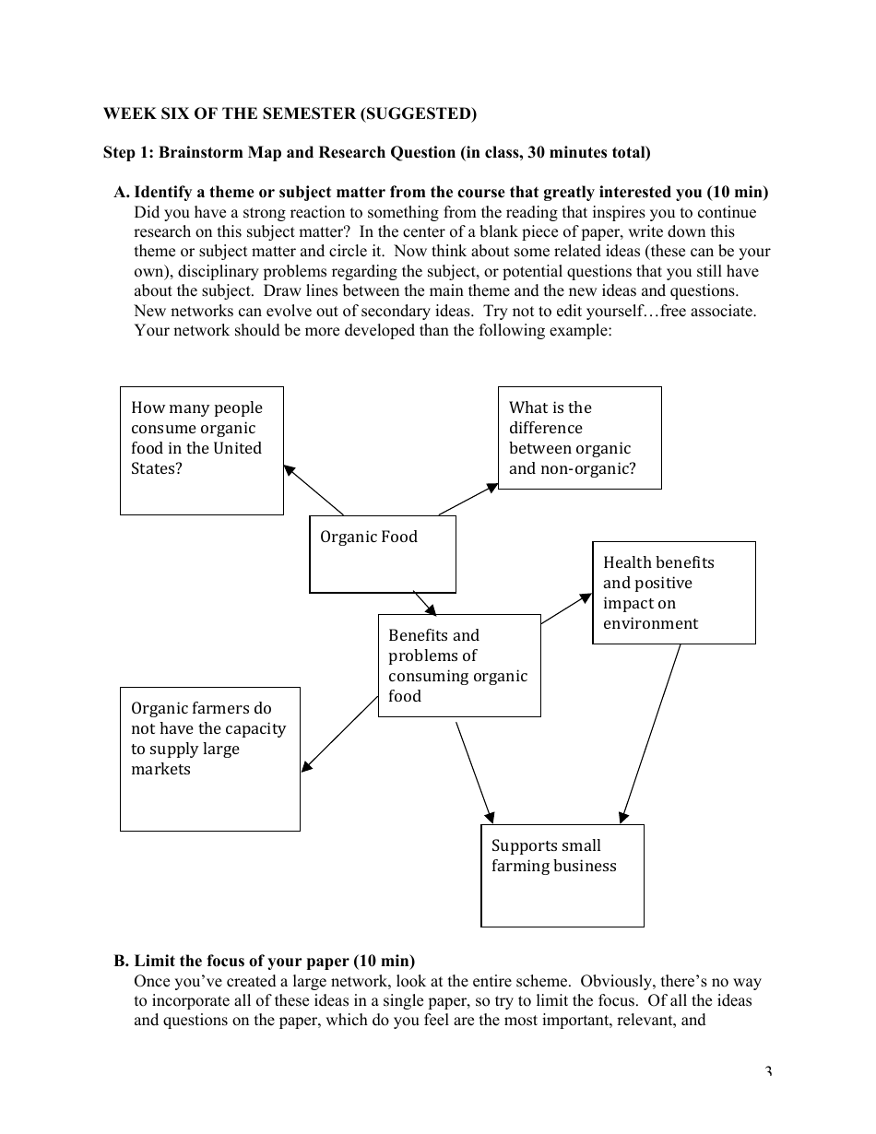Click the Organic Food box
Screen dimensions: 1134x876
tap(382, 553)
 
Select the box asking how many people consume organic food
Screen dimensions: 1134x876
tap(201, 450)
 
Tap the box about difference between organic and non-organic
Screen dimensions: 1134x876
tap(579, 437)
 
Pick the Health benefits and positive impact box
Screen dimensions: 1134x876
tap(673, 592)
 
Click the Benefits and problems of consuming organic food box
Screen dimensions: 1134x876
tap(458, 665)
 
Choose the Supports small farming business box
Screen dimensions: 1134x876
tap(562, 875)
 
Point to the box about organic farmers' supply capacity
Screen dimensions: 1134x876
tap(209, 758)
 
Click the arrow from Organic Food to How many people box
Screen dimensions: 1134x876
tap(314, 490)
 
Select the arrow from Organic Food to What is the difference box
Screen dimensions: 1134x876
tap(468, 499)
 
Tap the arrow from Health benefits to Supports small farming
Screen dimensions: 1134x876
tap(651, 733)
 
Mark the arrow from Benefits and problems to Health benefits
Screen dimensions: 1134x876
tap(565, 609)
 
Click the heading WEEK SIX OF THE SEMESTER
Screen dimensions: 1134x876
tap(290, 113)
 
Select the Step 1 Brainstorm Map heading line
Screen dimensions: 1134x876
tap(376, 152)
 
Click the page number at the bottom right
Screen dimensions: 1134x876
tap(767, 1071)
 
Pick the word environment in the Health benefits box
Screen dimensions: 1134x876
tap(650, 623)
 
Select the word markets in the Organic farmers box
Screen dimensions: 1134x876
tap(160, 769)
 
